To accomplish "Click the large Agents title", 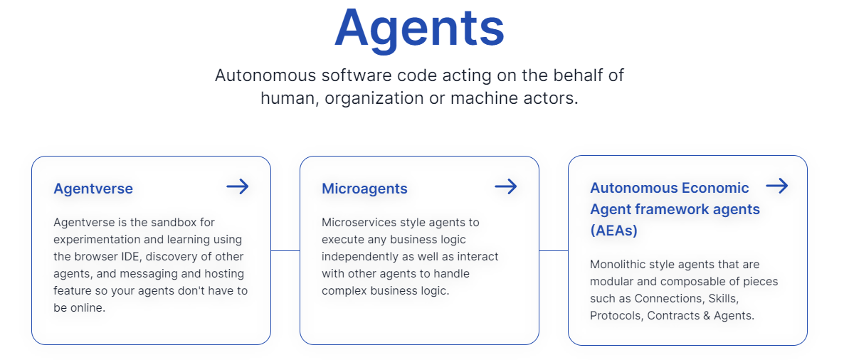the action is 419,30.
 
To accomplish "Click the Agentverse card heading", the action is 93,189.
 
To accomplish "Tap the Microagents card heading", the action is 364,189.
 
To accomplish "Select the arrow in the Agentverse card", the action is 238,186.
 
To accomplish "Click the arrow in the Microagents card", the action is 505,186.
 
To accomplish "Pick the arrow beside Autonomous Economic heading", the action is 776,186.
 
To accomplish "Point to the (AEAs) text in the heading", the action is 613,231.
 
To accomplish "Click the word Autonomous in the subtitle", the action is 265,75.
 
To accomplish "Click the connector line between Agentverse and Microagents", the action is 285,250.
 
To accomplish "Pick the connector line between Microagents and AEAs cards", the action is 554,250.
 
